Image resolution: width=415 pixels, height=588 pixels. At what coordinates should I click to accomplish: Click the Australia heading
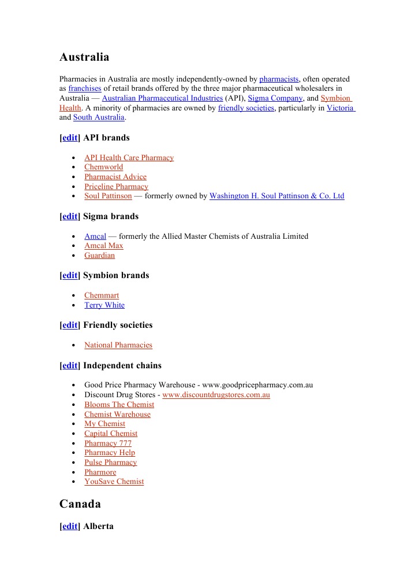pos(84,57)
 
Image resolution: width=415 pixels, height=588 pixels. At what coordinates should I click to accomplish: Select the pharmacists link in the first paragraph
pos(279,79)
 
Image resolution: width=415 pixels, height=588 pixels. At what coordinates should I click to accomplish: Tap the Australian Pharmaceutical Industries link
pos(162,98)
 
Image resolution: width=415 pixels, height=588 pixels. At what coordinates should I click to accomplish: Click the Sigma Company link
pos(275,98)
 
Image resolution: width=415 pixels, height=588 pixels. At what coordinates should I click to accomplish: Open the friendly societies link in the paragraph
pos(246,108)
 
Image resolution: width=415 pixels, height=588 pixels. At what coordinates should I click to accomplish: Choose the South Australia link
pos(99,117)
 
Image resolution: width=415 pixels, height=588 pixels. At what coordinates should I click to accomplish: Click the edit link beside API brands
pos(70,138)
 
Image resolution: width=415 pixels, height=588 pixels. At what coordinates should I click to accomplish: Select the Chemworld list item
pos(104,167)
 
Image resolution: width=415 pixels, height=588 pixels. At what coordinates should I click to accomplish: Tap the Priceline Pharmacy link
pos(116,187)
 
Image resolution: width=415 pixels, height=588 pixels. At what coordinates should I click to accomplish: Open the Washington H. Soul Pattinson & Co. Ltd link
pos(276,196)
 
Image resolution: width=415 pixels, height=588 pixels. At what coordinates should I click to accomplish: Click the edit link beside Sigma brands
pos(70,216)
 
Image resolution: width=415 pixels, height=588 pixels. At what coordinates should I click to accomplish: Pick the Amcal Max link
pos(104,246)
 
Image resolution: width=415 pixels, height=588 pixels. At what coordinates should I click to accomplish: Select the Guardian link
pos(99,256)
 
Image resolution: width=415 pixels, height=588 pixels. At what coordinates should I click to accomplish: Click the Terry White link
pos(104,305)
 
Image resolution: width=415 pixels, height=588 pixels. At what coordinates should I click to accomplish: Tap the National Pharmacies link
pos(118,345)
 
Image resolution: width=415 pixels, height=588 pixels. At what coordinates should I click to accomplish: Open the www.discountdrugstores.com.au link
pos(216,395)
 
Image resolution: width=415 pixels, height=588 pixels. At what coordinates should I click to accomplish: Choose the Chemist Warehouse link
pos(117,415)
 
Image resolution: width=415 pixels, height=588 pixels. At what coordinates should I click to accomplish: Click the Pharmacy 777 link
pos(108,443)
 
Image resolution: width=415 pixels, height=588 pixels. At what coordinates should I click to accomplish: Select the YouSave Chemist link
pos(114,482)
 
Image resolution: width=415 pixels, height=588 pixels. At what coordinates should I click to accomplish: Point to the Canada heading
pos(80,504)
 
